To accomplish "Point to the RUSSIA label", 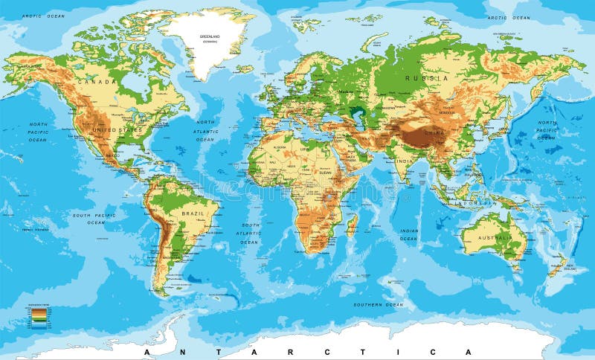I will tap(426, 77).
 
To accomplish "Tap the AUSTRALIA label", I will tap(495, 239).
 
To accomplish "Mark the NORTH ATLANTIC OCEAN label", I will tap(205, 131).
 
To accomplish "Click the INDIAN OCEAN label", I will tap(408, 235).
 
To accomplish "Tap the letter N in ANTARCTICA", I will tap(189, 351).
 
